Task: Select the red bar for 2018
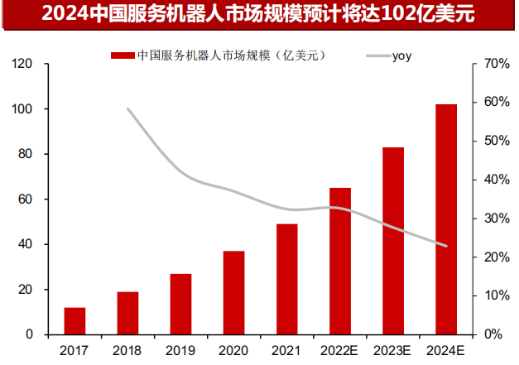(x=127, y=313)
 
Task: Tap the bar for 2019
(x=180, y=304)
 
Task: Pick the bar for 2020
(x=233, y=293)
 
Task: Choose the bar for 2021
(x=286, y=279)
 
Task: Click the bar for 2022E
(x=340, y=261)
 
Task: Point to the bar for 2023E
(x=393, y=241)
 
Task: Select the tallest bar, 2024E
(x=446, y=219)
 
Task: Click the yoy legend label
(x=401, y=56)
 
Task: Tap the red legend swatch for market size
(x=122, y=56)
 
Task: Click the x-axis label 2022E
(x=339, y=351)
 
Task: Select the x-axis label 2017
(x=74, y=351)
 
